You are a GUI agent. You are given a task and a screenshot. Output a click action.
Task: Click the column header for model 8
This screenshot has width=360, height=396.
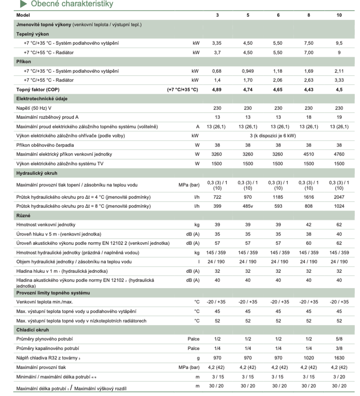(309, 15)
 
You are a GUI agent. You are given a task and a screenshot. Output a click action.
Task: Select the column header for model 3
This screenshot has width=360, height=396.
(218, 15)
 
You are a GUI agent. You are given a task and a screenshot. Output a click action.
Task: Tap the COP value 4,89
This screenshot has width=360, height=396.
(218, 89)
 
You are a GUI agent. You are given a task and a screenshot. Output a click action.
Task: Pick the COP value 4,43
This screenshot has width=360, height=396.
(309, 89)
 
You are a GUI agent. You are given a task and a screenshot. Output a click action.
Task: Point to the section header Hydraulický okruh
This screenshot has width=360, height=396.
(36, 173)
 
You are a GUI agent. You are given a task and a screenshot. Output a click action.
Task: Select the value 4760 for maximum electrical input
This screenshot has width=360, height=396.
(339, 154)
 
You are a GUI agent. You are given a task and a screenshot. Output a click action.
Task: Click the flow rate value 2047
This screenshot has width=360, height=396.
(339, 197)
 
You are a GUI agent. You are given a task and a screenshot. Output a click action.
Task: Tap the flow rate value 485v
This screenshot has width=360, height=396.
(248, 206)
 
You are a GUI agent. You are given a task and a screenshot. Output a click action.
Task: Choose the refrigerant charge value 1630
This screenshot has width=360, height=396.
(339, 358)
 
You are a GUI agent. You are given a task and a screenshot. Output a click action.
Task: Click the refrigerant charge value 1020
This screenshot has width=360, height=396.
(309, 358)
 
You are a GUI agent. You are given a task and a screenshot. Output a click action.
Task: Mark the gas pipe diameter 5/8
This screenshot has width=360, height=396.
(339, 339)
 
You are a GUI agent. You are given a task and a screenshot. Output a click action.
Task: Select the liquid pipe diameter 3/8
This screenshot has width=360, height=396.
(339, 348)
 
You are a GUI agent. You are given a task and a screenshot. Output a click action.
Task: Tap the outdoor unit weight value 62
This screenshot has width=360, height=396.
(339, 225)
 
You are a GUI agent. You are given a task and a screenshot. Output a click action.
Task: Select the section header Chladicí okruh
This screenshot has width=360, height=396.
(32, 330)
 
